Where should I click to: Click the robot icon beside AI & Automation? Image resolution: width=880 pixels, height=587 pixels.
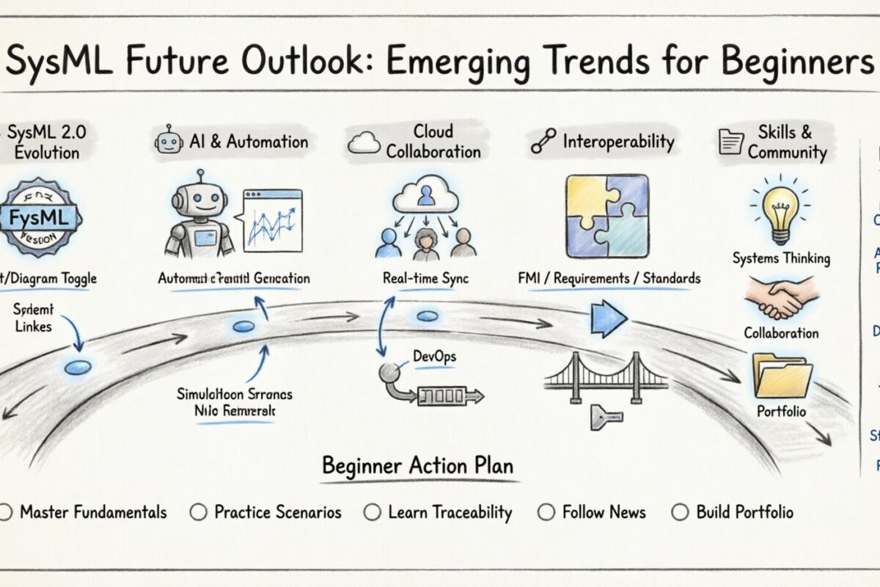pos(169,142)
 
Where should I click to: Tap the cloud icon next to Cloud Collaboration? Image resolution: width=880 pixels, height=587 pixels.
pos(364,142)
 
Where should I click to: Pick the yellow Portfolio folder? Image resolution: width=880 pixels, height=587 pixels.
pos(782,375)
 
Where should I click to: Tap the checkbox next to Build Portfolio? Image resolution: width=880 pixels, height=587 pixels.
pos(679,512)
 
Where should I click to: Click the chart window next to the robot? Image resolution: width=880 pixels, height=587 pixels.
pos(271,218)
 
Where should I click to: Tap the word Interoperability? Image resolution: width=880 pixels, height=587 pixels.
pos(617,142)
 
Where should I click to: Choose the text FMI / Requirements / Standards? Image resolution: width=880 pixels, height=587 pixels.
pos(608,279)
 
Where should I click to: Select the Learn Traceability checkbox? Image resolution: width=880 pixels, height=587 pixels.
pos(373,512)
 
